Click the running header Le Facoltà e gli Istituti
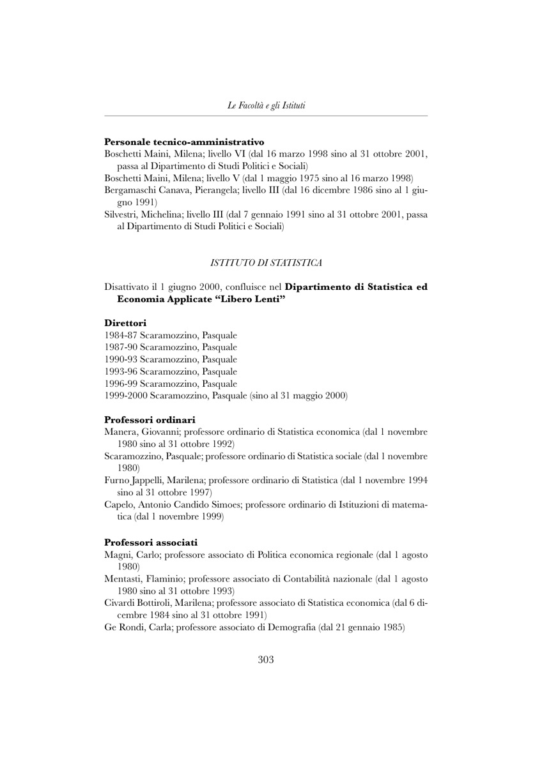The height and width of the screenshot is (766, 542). point(266,105)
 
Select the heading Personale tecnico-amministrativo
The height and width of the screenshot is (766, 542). point(184,141)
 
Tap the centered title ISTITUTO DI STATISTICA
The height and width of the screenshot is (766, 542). point(266,262)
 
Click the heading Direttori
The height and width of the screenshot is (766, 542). point(125,324)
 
